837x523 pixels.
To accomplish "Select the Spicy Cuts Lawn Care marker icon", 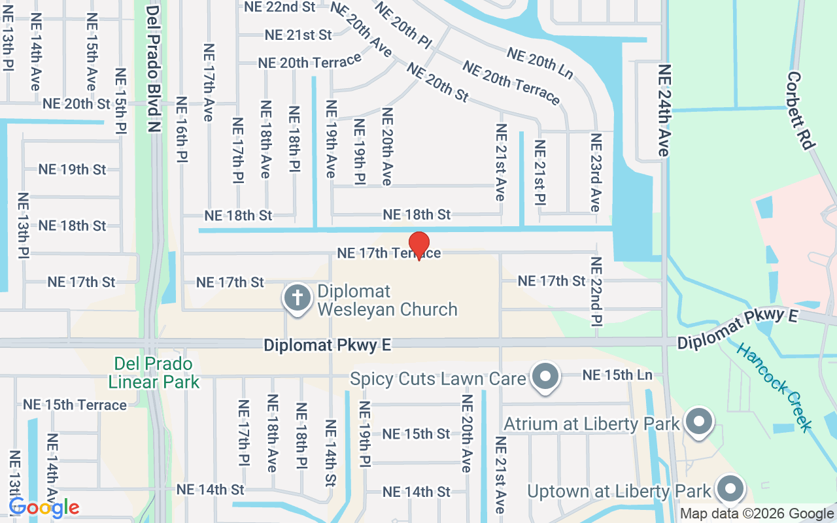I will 545,377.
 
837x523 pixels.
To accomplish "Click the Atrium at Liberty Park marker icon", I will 699,422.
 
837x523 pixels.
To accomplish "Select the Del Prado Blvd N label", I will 153,69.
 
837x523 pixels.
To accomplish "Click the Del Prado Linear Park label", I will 154,373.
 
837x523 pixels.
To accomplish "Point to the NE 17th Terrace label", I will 389,253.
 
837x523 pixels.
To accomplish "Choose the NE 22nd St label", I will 279,7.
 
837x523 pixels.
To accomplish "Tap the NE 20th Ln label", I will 540,63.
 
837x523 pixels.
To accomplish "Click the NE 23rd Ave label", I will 595,173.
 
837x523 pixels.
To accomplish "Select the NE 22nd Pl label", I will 596,290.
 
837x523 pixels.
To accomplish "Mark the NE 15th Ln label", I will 617,375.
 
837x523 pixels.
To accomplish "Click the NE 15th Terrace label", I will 75,405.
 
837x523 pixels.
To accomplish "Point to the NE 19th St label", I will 72,169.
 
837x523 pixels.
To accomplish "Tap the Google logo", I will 44,507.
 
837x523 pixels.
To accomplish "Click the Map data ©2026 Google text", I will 757,514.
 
